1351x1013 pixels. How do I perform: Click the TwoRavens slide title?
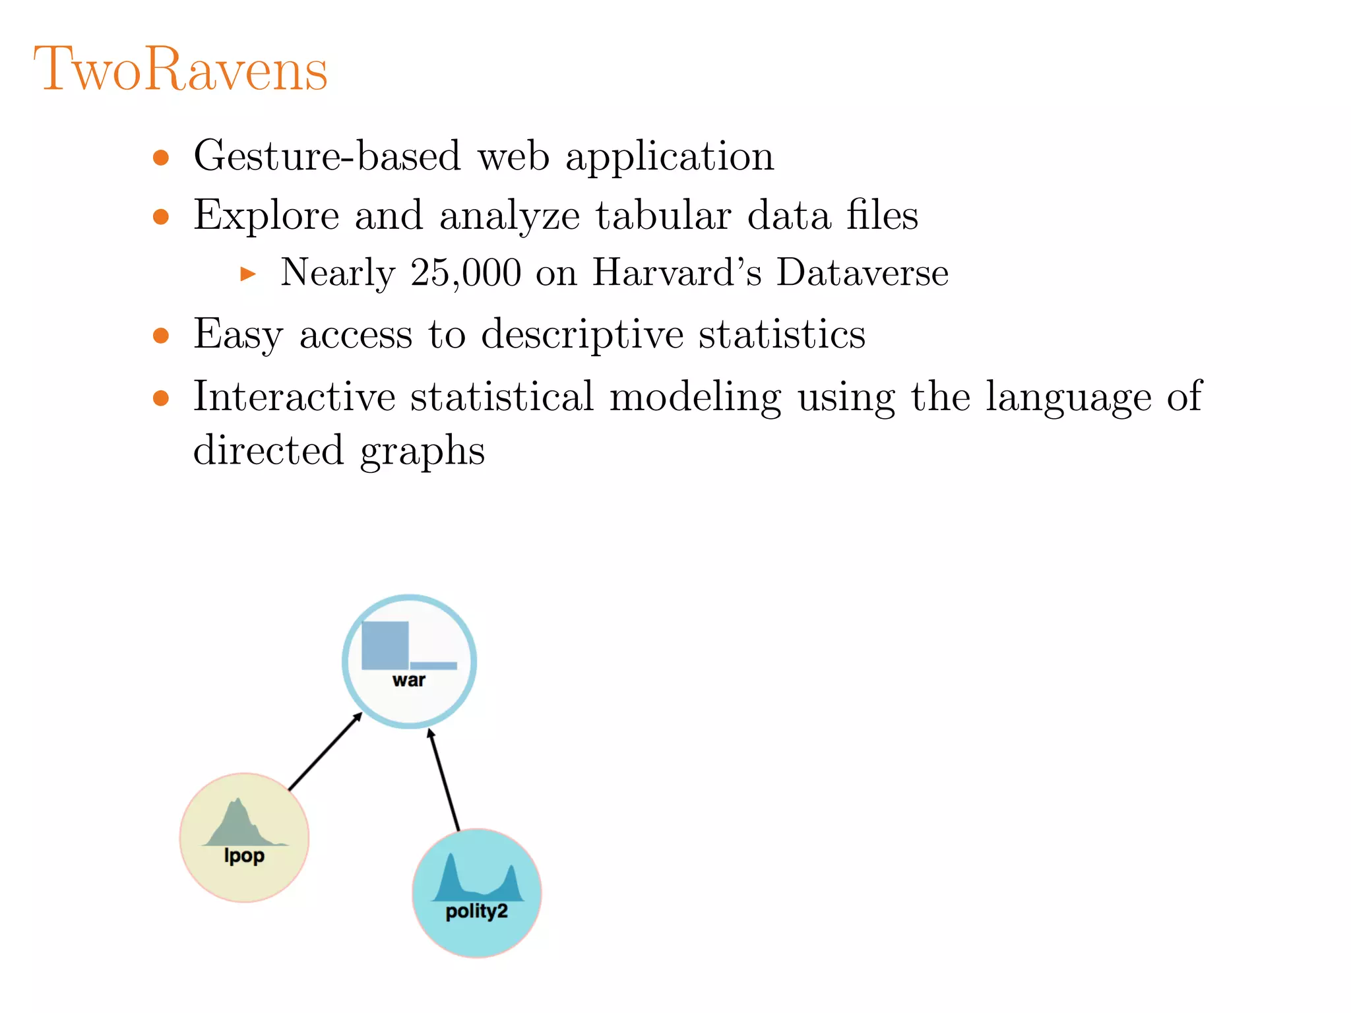point(180,69)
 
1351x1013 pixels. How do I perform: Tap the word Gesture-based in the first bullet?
point(327,156)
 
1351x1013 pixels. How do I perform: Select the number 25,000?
point(466,272)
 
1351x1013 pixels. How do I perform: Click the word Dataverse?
point(862,272)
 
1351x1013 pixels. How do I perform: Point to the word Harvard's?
point(677,272)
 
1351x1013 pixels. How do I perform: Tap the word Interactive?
point(294,396)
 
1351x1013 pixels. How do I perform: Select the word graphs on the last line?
point(422,452)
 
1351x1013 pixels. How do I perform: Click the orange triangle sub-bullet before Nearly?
point(248,273)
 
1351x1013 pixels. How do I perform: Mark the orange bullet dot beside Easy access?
point(161,336)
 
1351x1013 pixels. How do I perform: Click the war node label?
point(409,680)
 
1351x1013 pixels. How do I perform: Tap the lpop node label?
point(244,855)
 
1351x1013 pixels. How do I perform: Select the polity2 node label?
point(476,911)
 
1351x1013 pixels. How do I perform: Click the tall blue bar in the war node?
point(385,645)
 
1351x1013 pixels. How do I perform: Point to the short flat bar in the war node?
point(433,665)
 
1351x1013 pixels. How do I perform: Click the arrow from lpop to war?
point(325,751)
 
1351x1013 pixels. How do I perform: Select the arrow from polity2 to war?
point(444,779)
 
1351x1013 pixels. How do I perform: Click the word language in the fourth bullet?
point(1068,398)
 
